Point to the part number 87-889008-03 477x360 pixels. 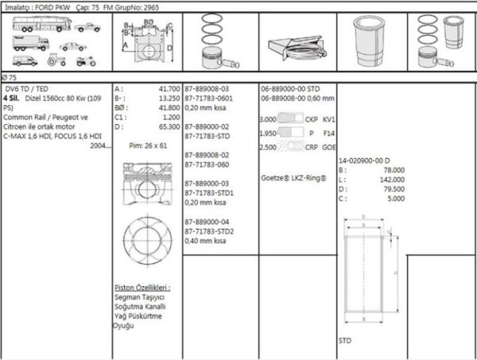tap(207, 89)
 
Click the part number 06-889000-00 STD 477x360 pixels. tap(290, 89)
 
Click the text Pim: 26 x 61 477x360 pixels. tap(148, 146)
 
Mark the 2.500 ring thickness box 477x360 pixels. tap(268, 147)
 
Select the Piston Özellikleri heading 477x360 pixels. tap(142, 288)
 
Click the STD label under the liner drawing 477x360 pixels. tap(345, 340)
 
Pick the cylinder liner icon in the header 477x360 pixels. tap(371, 43)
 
